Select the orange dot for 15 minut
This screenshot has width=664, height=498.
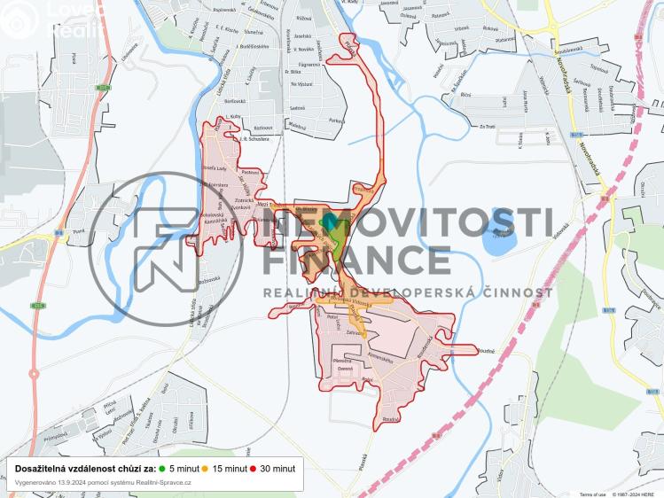tap(205, 467)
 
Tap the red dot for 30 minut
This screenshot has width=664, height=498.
tap(253, 467)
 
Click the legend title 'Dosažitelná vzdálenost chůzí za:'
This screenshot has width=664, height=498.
tap(85, 467)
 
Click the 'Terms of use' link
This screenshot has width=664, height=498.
tap(592, 494)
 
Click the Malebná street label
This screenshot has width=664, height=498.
tap(296, 128)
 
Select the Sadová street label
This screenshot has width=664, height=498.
tap(298, 106)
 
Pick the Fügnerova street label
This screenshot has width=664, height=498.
tap(309, 64)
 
